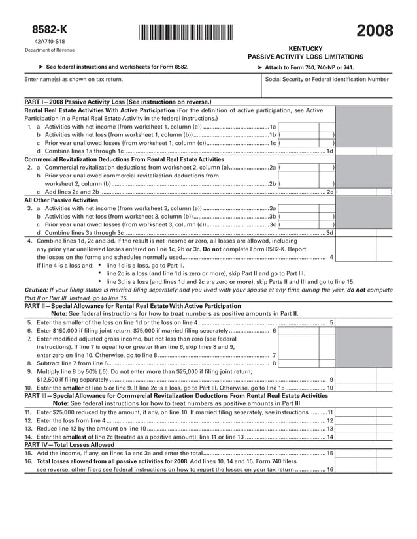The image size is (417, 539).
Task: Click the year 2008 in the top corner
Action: click(375, 31)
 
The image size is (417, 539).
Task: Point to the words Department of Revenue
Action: click(50, 50)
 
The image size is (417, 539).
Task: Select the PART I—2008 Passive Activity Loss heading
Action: click(118, 102)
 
